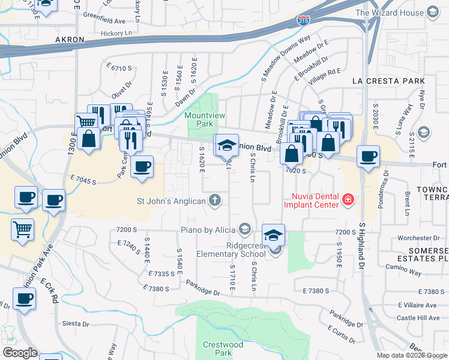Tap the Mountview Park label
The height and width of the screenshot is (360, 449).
tap(199, 119)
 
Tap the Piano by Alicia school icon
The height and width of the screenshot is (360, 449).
tap(244, 229)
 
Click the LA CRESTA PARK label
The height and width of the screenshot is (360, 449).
tap(388, 81)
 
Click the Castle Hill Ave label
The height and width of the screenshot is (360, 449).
tap(421, 317)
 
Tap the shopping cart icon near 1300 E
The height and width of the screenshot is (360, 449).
tap(86, 122)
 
